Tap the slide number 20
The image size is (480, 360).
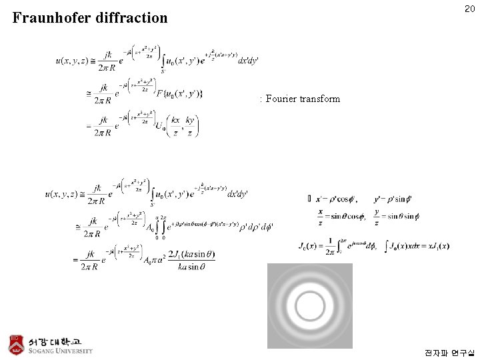tap(469, 9)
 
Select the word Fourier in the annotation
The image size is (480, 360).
tap(281, 99)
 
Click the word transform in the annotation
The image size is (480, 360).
tap(320, 99)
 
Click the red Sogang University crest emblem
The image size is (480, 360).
tap(16, 343)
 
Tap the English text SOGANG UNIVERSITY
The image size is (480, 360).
tap(61, 351)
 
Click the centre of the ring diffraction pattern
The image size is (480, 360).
tap(309, 306)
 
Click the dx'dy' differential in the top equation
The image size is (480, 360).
tap(248, 61)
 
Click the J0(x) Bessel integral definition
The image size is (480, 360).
tap(340, 245)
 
